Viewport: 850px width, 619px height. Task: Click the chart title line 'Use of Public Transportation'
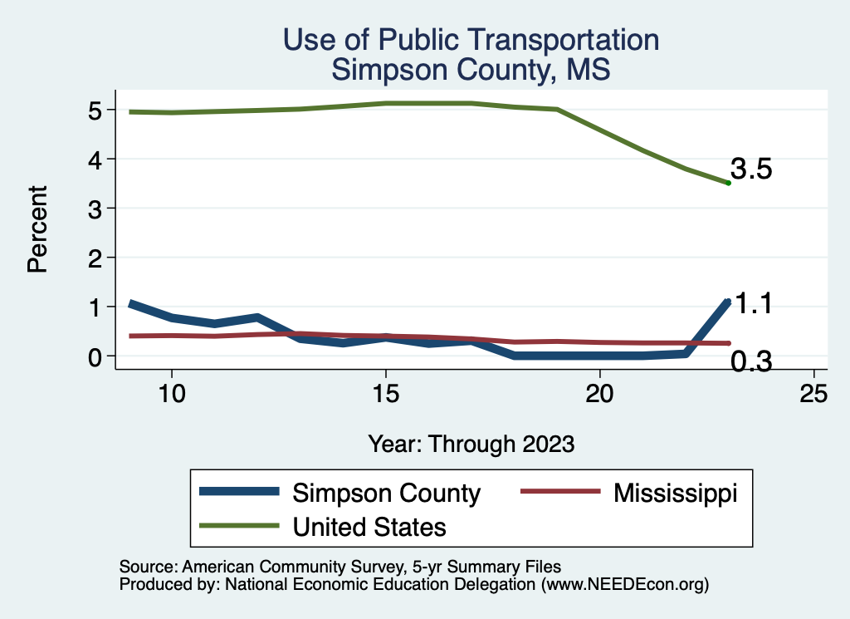(471, 39)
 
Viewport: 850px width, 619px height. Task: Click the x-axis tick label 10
(171, 394)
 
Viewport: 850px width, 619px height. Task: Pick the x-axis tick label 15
(385, 394)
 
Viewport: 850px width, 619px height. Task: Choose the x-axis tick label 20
(600, 394)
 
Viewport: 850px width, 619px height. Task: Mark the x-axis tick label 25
(814, 394)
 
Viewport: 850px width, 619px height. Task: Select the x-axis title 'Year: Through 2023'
(471, 444)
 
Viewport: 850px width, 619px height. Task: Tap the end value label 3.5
(751, 169)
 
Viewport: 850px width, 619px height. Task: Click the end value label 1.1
(755, 304)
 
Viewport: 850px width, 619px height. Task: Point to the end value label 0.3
(751, 362)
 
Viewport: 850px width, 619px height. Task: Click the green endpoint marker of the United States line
(728, 183)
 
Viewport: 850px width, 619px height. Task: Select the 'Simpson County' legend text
(386, 493)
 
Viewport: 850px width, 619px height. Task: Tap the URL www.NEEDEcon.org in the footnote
(624, 585)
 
